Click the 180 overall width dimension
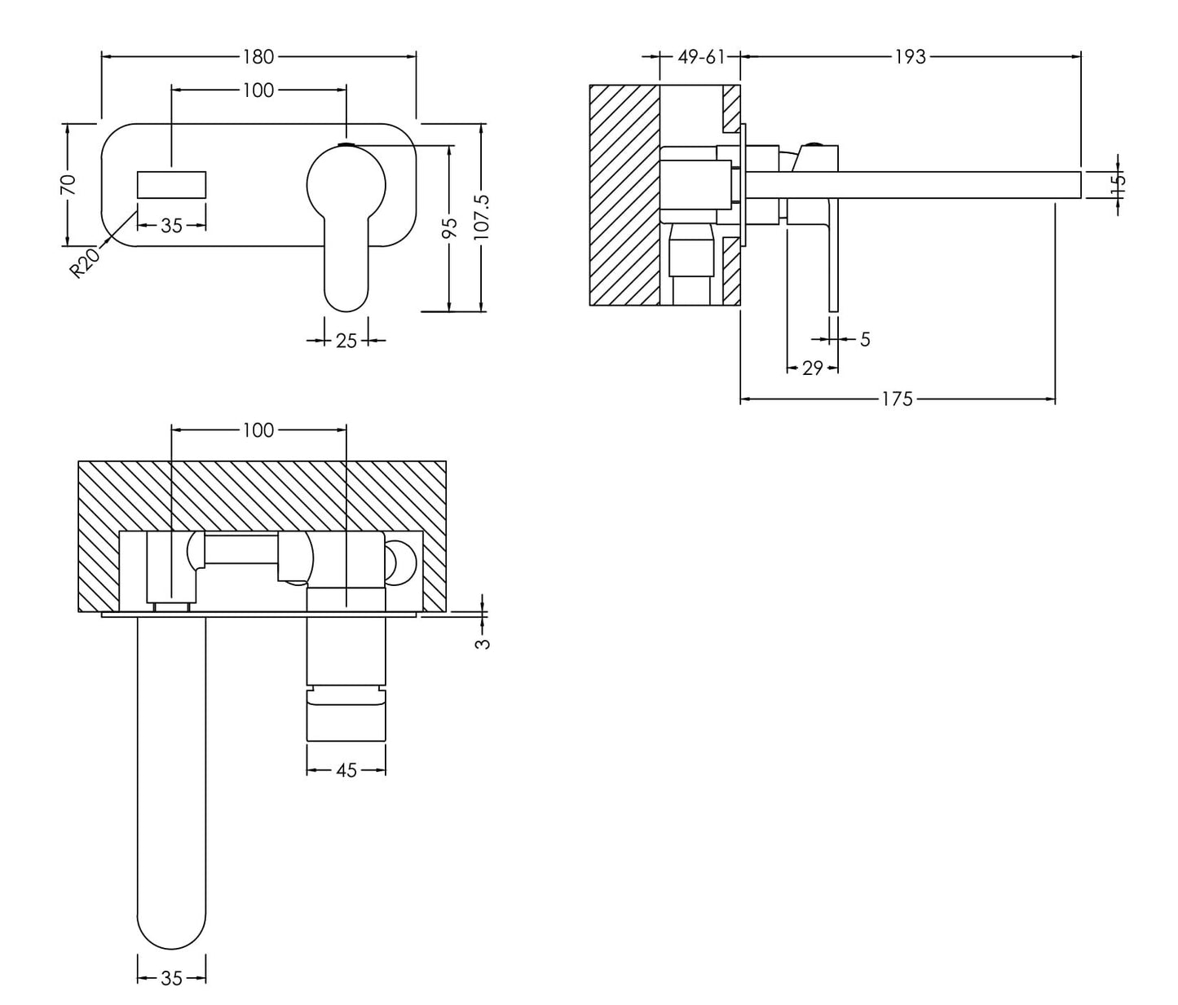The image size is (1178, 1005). pos(258,56)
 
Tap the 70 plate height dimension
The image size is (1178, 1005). pos(68,183)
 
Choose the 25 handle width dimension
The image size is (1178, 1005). pos(346,341)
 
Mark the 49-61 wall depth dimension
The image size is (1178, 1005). pos(700,56)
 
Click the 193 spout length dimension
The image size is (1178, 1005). pos(910,56)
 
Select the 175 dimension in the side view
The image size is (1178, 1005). pos(897,399)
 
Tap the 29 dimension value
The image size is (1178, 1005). pos(812,368)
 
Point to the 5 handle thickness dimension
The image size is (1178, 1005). pos(865,338)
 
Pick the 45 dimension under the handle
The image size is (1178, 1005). pos(346,770)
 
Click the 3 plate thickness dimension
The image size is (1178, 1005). pos(483,642)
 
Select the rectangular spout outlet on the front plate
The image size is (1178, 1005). pos(171,184)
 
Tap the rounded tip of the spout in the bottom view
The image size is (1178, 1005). pos(171,929)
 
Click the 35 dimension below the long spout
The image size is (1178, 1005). pos(171,979)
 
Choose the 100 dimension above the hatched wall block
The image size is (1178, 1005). pos(258,430)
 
